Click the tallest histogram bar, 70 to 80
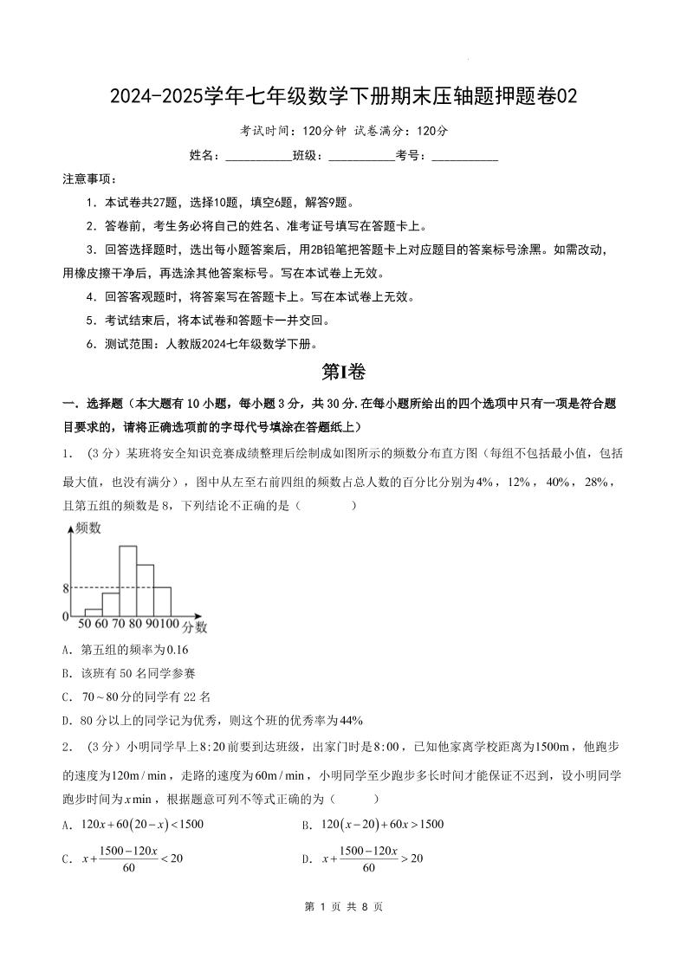(x=127, y=580)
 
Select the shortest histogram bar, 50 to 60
(x=94, y=612)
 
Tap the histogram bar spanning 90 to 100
(x=162, y=601)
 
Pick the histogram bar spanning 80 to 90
(x=145, y=590)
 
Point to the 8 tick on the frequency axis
(x=65, y=588)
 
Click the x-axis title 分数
(x=195, y=626)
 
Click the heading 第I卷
(x=343, y=372)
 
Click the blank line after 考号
(x=464, y=157)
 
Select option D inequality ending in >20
(x=373, y=859)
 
